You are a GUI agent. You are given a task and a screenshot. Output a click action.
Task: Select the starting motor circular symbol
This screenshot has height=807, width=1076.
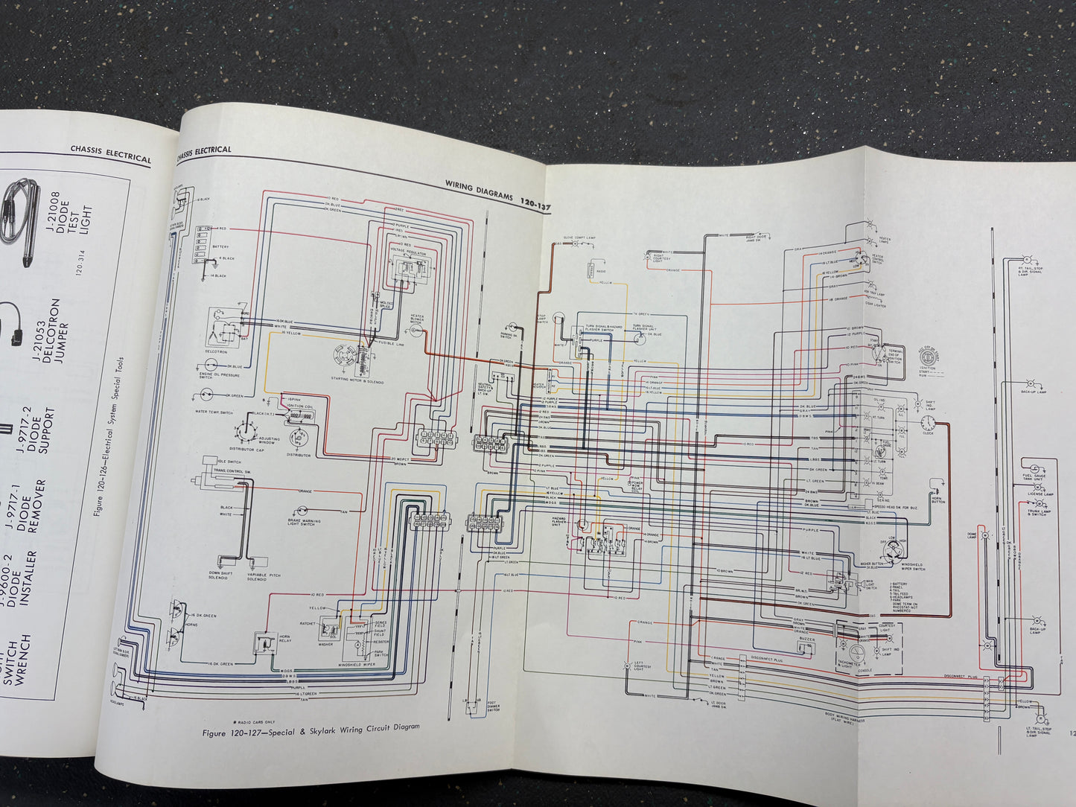(x=347, y=355)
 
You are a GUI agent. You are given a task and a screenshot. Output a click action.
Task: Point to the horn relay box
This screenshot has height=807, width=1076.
(x=262, y=642)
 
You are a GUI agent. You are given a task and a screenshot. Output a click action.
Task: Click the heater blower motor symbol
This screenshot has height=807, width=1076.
(x=418, y=329)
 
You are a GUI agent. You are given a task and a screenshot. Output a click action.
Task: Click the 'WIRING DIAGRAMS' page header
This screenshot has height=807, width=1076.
(x=479, y=195)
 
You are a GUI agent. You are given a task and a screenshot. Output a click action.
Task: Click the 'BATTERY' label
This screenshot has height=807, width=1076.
(x=221, y=246)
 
